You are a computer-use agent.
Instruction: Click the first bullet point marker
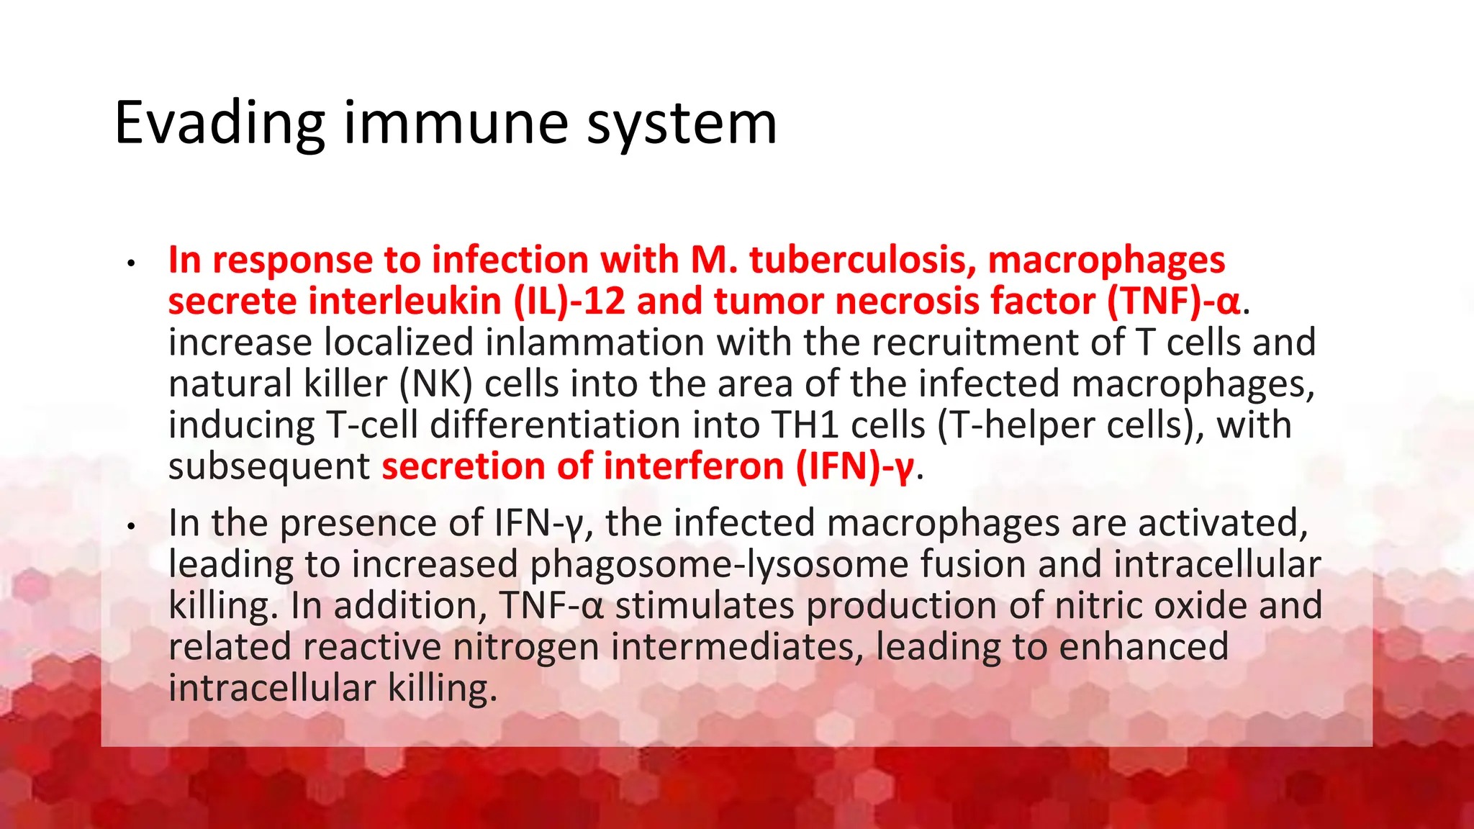pyautogui.click(x=130, y=263)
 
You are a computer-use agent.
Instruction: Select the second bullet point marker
pyautogui.click(x=130, y=527)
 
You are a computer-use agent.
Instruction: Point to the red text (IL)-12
pyautogui.click(x=569, y=301)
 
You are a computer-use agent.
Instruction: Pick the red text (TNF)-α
pyautogui.click(x=1173, y=301)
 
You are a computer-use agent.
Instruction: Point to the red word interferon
pyautogui.click(x=694, y=466)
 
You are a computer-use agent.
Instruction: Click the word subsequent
pyautogui.click(x=269, y=466)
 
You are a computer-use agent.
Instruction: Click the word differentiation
pyautogui.click(x=555, y=425)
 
